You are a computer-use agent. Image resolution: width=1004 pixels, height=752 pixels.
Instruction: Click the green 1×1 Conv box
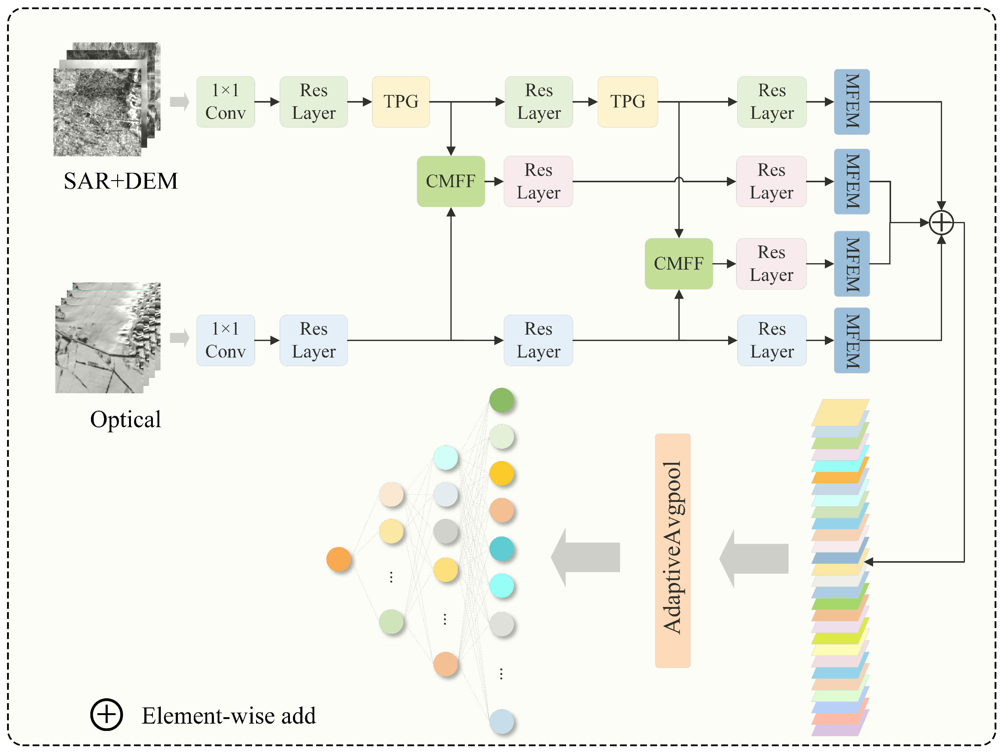click(x=226, y=102)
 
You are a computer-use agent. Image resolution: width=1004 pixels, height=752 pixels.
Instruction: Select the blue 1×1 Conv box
click(x=226, y=340)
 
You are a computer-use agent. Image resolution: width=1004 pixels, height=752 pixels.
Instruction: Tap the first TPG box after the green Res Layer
click(x=401, y=102)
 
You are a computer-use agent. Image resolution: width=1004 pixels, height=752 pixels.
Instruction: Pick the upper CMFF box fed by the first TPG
click(x=451, y=181)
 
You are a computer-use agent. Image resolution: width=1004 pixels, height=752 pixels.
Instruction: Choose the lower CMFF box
click(x=679, y=263)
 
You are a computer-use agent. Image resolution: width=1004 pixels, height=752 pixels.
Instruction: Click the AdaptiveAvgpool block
click(x=673, y=550)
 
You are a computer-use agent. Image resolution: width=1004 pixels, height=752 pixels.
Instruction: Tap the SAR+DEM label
click(x=121, y=181)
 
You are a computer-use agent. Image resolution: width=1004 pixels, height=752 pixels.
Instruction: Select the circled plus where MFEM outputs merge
click(x=941, y=223)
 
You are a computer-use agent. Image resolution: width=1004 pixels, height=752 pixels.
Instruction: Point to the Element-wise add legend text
click(x=229, y=715)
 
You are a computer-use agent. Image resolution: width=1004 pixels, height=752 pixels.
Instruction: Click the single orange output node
click(x=339, y=559)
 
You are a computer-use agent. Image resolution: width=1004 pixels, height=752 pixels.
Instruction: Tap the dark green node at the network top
click(x=502, y=400)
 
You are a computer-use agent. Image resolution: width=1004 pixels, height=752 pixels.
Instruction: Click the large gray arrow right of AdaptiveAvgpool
click(x=754, y=558)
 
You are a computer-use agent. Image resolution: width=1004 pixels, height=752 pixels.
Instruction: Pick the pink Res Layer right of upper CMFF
click(x=538, y=181)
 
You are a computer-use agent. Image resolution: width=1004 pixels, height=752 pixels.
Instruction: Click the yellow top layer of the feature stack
click(x=840, y=412)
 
